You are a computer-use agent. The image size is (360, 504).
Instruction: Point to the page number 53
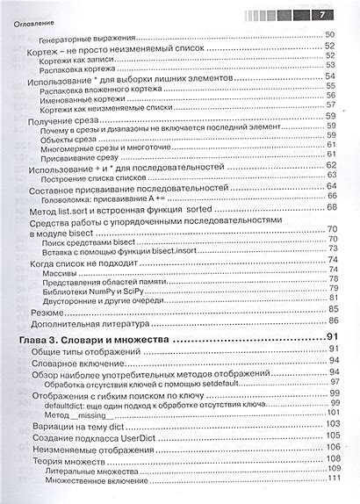click(x=332, y=65)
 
